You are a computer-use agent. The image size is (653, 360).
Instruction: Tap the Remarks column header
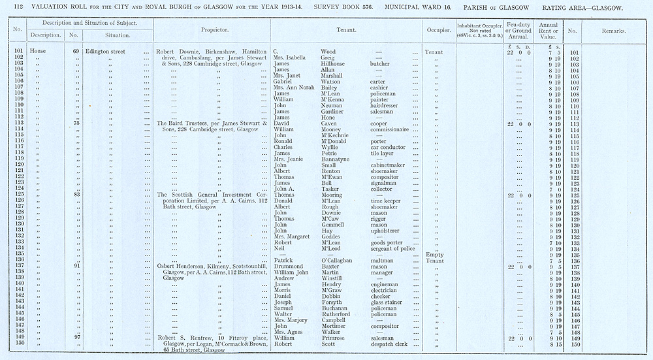coord(613,31)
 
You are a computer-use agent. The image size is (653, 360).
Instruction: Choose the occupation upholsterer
coord(389,231)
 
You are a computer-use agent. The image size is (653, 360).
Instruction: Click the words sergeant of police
coord(395,248)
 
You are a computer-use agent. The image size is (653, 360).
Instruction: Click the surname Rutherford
coord(340,314)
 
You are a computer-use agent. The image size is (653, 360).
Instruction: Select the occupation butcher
coord(379,64)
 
